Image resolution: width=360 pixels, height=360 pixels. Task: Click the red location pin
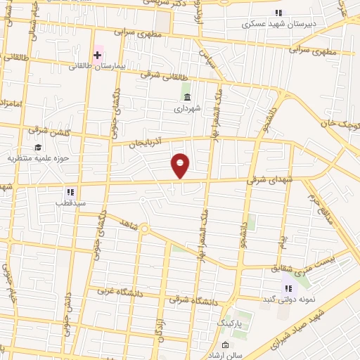(181, 165)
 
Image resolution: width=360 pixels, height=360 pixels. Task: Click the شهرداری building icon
(186, 97)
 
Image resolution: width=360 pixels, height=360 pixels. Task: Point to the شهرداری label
(187, 108)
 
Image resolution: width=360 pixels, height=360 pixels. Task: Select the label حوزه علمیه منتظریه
(37, 158)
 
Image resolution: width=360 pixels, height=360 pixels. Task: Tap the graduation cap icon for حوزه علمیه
(37, 147)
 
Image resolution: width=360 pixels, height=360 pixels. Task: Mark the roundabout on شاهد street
(144, 229)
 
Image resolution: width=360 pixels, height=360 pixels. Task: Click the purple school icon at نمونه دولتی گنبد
(288, 287)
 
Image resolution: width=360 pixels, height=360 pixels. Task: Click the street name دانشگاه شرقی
(189, 300)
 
